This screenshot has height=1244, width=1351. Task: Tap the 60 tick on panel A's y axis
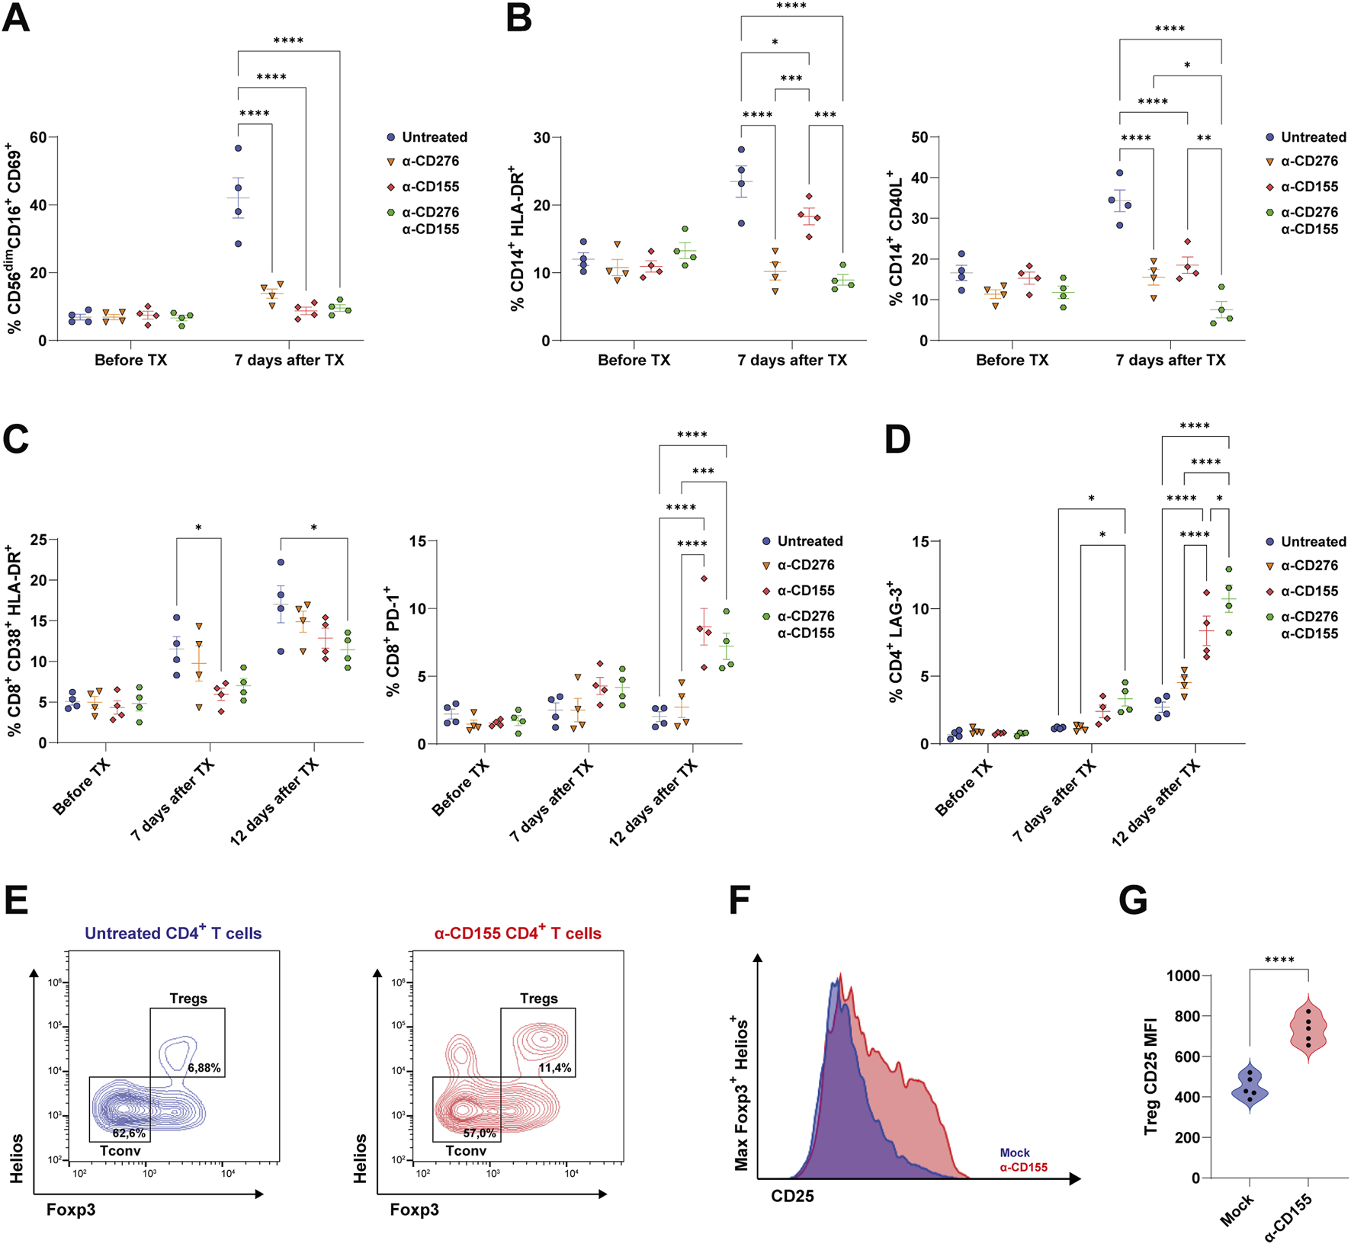tap(37, 137)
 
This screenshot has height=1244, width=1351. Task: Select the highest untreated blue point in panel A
tap(239, 148)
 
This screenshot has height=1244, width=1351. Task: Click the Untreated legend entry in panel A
tap(434, 137)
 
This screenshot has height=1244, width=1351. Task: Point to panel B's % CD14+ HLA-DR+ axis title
tap(518, 239)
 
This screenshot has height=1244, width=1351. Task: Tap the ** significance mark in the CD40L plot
tap(1204, 138)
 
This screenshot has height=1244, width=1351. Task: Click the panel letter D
tap(898, 441)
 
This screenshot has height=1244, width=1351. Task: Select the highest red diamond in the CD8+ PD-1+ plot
tap(704, 579)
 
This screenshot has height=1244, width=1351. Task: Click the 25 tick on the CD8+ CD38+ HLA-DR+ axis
tap(38, 540)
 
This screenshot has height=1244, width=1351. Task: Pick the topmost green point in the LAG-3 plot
tap(1228, 569)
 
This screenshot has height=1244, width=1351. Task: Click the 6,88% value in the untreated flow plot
tap(204, 1068)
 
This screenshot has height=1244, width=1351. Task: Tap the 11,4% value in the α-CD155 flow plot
tap(554, 1068)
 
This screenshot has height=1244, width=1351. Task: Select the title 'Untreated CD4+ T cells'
tap(173, 933)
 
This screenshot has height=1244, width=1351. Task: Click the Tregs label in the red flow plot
tap(538, 999)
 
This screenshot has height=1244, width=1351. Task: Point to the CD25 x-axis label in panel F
tap(792, 1196)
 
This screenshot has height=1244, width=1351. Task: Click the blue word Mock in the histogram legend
tap(1015, 1153)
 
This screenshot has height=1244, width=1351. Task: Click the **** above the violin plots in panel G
tap(1279, 960)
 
